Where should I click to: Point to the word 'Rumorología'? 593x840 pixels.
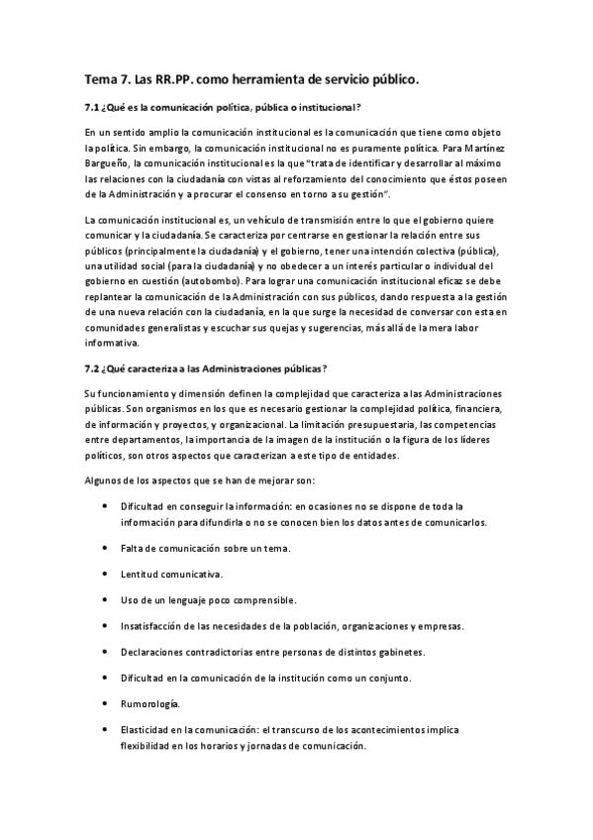151,703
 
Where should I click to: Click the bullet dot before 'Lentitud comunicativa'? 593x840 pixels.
105,575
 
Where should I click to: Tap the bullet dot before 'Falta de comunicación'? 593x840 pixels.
105,549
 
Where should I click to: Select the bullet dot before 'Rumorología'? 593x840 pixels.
105,703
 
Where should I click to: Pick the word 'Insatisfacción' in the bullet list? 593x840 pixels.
155,626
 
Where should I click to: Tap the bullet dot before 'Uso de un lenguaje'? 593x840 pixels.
105,600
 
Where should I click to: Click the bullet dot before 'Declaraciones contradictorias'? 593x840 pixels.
105,652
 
